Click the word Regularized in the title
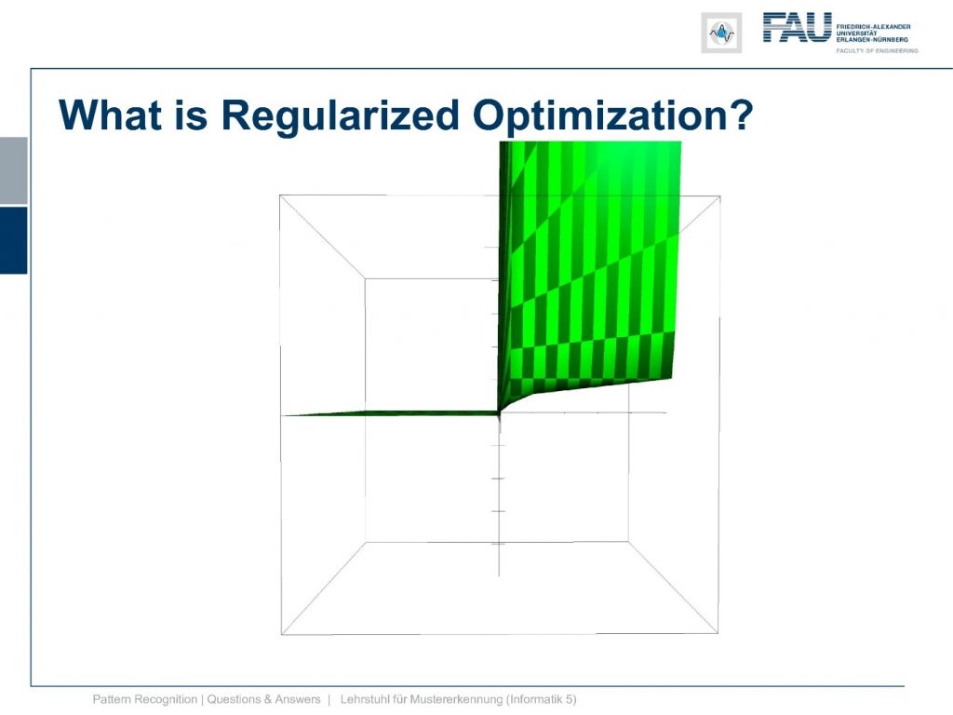point(340,115)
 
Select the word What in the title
point(110,115)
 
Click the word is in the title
point(192,115)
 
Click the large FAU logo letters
point(797,27)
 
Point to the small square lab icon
point(721,33)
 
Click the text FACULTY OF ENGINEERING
point(877,51)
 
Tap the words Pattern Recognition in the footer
point(144,699)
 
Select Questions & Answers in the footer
point(263,699)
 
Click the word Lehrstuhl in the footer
point(365,699)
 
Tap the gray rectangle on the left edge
point(13,171)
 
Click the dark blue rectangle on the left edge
point(13,240)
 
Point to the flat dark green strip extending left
point(390,413)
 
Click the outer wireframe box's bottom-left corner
point(281,634)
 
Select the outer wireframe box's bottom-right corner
point(718,633)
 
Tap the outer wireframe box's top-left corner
point(279,196)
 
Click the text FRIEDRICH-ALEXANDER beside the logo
point(873,27)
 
